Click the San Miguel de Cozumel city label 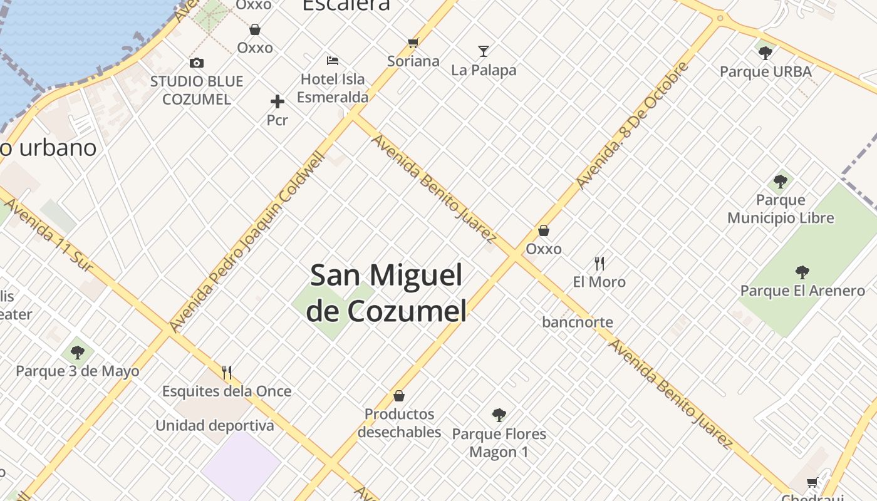point(387,292)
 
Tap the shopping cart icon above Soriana point(413,43)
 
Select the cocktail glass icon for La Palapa point(484,51)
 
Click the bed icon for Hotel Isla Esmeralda point(333,61)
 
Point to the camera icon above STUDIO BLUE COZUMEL point(197,63)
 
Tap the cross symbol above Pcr point(278,101)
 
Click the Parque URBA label point(765,71)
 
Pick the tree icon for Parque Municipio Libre point(781,182)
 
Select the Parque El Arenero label point(802,291)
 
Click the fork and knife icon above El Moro point(599,263)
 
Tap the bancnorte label point(578,323)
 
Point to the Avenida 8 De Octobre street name point(632,125)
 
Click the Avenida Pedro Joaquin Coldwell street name point(248,241)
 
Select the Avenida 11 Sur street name point(48,236)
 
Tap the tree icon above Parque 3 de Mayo point(78,353)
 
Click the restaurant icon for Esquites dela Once point(227,373)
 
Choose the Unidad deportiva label point(215,426)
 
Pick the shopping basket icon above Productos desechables point(399,396)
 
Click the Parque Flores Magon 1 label point(499,443)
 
